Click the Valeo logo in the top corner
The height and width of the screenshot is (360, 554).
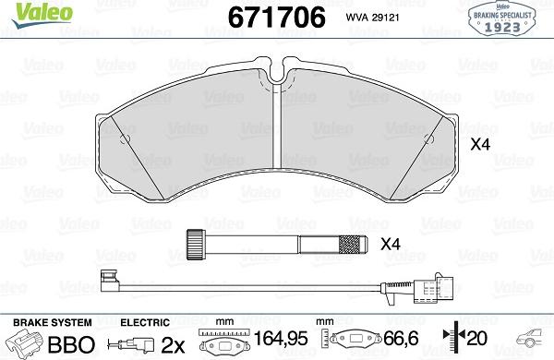[x=42, y=15]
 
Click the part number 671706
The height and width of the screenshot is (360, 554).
[x=277, y=18]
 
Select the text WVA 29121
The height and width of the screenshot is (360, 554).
[x=372, y=18]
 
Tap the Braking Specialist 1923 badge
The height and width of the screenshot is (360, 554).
[x=501, y=18]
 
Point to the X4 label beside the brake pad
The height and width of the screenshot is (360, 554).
[x=480, y=145]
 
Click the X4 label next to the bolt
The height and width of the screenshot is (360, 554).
[x=391, y=244]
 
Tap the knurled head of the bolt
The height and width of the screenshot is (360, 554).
[x=196, y=245]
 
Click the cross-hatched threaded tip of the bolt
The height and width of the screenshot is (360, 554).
[x=350, y=245]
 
